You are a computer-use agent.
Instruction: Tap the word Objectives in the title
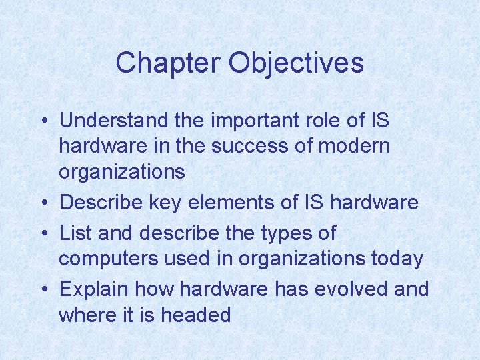coord(296,63)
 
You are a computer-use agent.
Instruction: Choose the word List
coord(73,233)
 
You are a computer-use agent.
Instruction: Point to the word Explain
coord(93,289)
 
